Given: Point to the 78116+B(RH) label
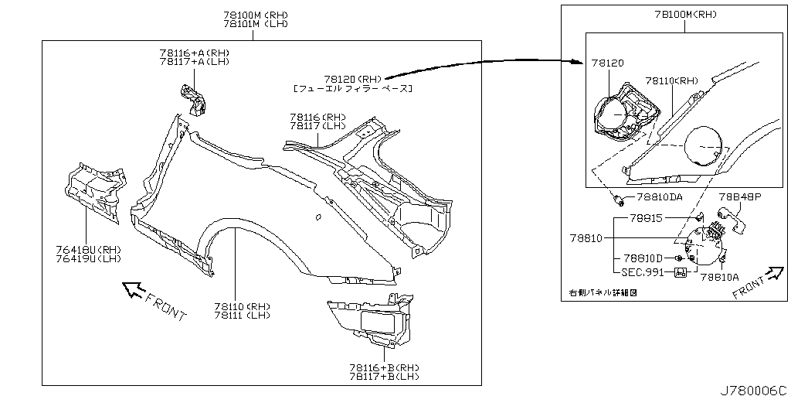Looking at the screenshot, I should click(x=383, y=367).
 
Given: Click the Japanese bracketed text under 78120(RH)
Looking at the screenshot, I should click(x=353, y=89).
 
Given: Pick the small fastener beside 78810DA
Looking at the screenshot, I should click(x=620, y=203).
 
